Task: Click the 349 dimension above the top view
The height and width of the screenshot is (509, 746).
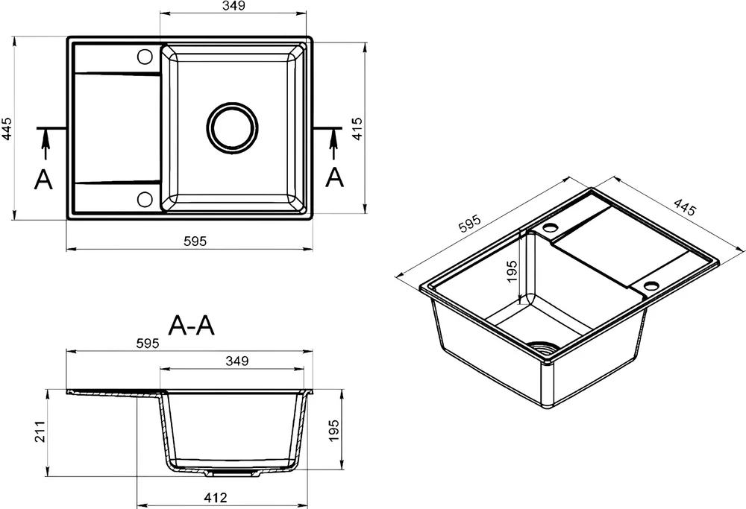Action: tap(233, 6)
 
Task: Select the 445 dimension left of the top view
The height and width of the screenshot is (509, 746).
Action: tap(7, 128)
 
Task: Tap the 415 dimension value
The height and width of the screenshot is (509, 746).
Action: tap(357, 128)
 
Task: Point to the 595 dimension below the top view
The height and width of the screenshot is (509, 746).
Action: tap(195, 241)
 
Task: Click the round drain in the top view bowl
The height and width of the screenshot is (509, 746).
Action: tap(233, 128)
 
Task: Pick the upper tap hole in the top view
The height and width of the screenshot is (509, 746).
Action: tap(145, 57)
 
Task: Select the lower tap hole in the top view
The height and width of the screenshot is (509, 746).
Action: tap(145, 198)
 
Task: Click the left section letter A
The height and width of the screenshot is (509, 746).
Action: tap(43, 179)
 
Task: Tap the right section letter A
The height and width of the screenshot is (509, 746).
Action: tap(334, 177)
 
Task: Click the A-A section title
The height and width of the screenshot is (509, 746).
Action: tap(192, 326)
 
